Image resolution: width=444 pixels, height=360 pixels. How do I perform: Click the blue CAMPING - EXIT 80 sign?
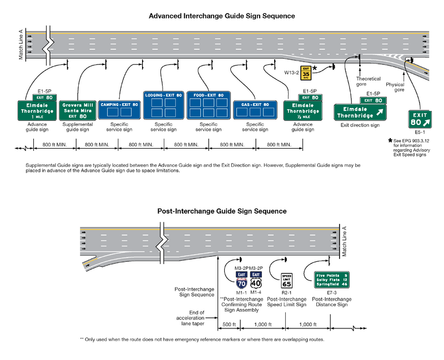click(119, 109)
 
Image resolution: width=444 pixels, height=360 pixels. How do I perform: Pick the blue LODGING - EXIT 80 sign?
click(163, 105)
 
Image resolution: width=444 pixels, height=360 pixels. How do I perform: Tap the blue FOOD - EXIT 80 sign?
click(208, 105)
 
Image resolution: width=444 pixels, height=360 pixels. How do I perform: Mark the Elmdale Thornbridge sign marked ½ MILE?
click(301, 110)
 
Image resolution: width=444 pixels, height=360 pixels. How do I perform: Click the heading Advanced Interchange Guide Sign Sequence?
click(221, 16)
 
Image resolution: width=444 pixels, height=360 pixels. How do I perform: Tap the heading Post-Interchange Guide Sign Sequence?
click(221, 211)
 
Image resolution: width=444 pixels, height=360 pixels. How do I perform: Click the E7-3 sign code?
click(332, 293)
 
